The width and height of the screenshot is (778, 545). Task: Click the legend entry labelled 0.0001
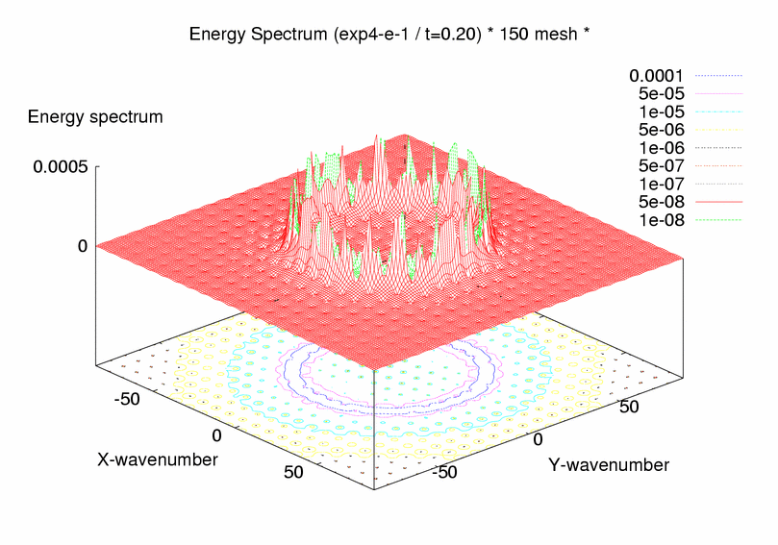click(x=658, y=75)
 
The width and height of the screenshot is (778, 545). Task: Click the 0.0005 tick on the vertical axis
click(x=61, y=166)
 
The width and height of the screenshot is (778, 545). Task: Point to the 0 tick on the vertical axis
click(x=84, y=246)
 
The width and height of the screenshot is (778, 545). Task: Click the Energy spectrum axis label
click(x=95, y=117)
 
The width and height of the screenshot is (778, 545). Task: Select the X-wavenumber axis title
click(x=158, y=459)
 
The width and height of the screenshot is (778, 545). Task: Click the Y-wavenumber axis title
click(x=609, y=465)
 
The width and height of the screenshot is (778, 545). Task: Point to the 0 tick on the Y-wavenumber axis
click(x=539, y=439)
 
